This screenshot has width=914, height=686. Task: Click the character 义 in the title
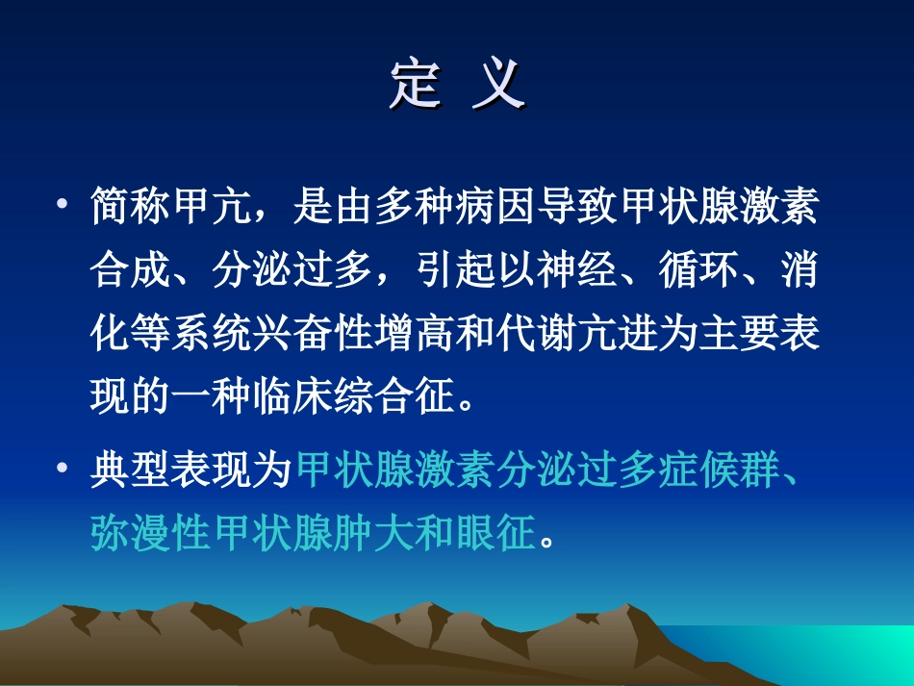point(499,84)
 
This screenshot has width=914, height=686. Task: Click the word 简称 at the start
point(131,206)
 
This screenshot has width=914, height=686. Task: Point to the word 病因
point(495,206)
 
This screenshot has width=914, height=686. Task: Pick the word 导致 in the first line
point(576,206)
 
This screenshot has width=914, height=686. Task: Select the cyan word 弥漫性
point(151,532)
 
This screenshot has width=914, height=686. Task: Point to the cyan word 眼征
point(495,532)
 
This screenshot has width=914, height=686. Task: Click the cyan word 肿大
point(374,532)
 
